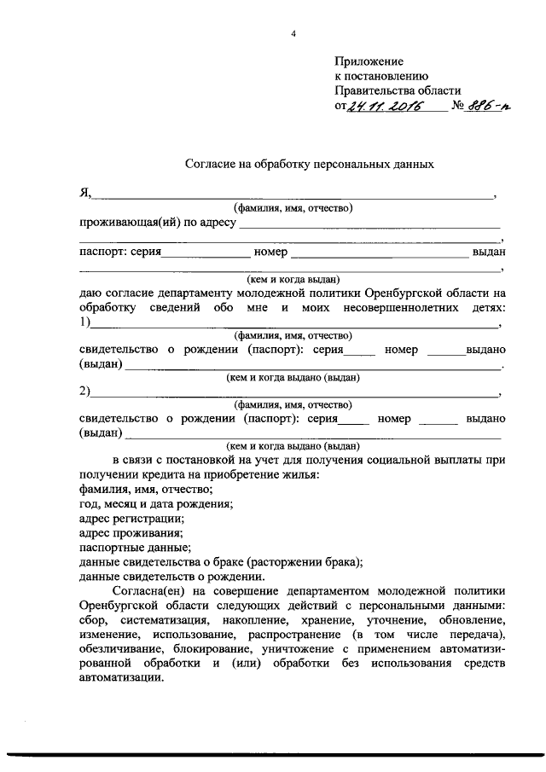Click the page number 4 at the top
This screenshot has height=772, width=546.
[293, 34]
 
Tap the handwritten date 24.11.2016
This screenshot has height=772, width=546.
[388, 107]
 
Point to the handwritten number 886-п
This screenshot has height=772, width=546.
[479, 106]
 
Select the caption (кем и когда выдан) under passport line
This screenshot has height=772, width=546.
[293, 278]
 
